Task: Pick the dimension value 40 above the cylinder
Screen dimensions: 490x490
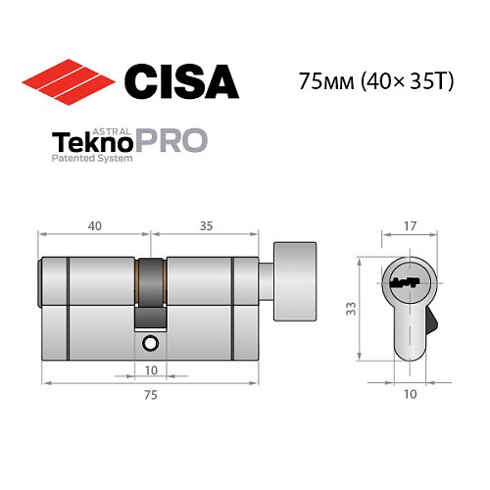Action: [94, 225]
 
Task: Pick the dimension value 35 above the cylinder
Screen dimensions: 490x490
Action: [207, 225]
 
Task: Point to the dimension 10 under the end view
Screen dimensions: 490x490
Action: [411, 395]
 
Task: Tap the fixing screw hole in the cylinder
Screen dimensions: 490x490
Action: [150, 343]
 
